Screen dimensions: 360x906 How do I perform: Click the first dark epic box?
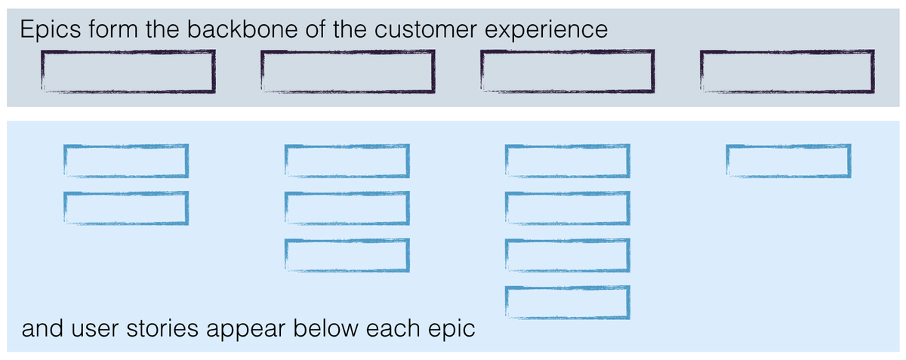(128, 71)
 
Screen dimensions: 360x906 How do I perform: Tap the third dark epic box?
(567, 71)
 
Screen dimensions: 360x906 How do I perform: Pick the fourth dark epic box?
(787, 71)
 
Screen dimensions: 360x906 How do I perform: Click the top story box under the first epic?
(125, 161)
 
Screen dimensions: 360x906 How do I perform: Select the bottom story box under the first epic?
(125, 208)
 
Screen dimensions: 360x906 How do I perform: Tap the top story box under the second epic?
(347, 161)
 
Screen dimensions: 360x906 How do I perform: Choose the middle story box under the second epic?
(347, 208)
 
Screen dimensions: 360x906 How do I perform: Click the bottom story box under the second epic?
(347, 254)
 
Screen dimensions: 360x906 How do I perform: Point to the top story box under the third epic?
(567, 161)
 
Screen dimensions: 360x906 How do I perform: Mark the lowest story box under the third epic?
(567, 302)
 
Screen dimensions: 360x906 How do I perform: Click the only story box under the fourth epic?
(789, 161)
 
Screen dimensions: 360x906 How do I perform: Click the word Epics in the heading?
(51, 30)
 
